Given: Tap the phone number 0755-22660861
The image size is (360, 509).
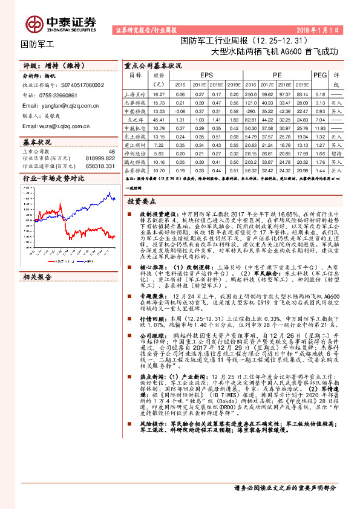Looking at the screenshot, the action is coord(57,96).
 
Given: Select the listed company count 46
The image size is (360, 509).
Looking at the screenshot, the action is coord(111,151).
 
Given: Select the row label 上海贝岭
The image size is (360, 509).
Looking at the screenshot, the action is coord(137,95).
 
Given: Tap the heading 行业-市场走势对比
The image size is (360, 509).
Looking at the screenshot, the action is coord(53,179).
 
